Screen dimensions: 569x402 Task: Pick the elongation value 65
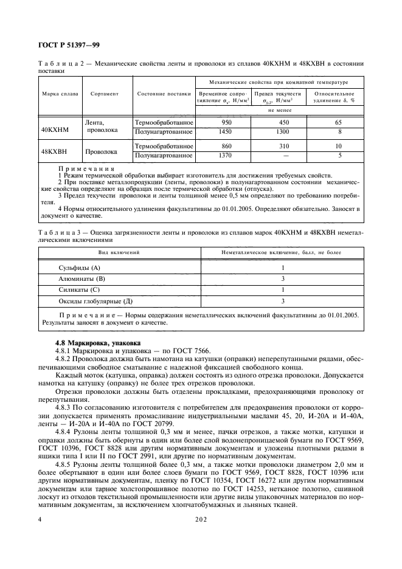click(339, 122)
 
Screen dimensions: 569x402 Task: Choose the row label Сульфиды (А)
click(79, 267)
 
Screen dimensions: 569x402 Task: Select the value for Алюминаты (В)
click(283, 278)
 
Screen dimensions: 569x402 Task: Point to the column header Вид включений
click(119, 252)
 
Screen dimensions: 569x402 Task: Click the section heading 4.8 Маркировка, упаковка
click(97, 342)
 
